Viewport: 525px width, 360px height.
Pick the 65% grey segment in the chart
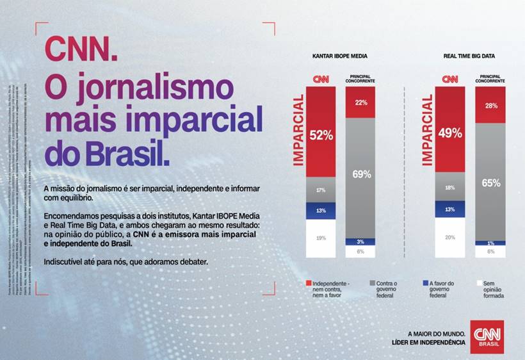coord(490,182)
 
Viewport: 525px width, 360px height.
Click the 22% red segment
coord(361,102)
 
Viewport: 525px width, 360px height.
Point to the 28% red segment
coord(490,105)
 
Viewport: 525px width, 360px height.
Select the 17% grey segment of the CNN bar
coord(321,190)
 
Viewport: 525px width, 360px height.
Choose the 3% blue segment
coord(361,241)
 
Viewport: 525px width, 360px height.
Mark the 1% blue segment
coord(490,243)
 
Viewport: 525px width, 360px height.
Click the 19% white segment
coord(321,238)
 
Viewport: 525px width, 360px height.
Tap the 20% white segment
coord(450,238)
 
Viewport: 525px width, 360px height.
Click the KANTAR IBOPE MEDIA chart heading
coord(339,56)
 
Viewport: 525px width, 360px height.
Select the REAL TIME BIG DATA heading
coord(469,56)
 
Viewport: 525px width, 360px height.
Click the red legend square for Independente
coord(309,282)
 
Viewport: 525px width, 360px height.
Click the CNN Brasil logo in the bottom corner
coord(487,336)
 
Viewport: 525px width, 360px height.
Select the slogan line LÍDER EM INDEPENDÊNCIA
coord(429,343)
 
